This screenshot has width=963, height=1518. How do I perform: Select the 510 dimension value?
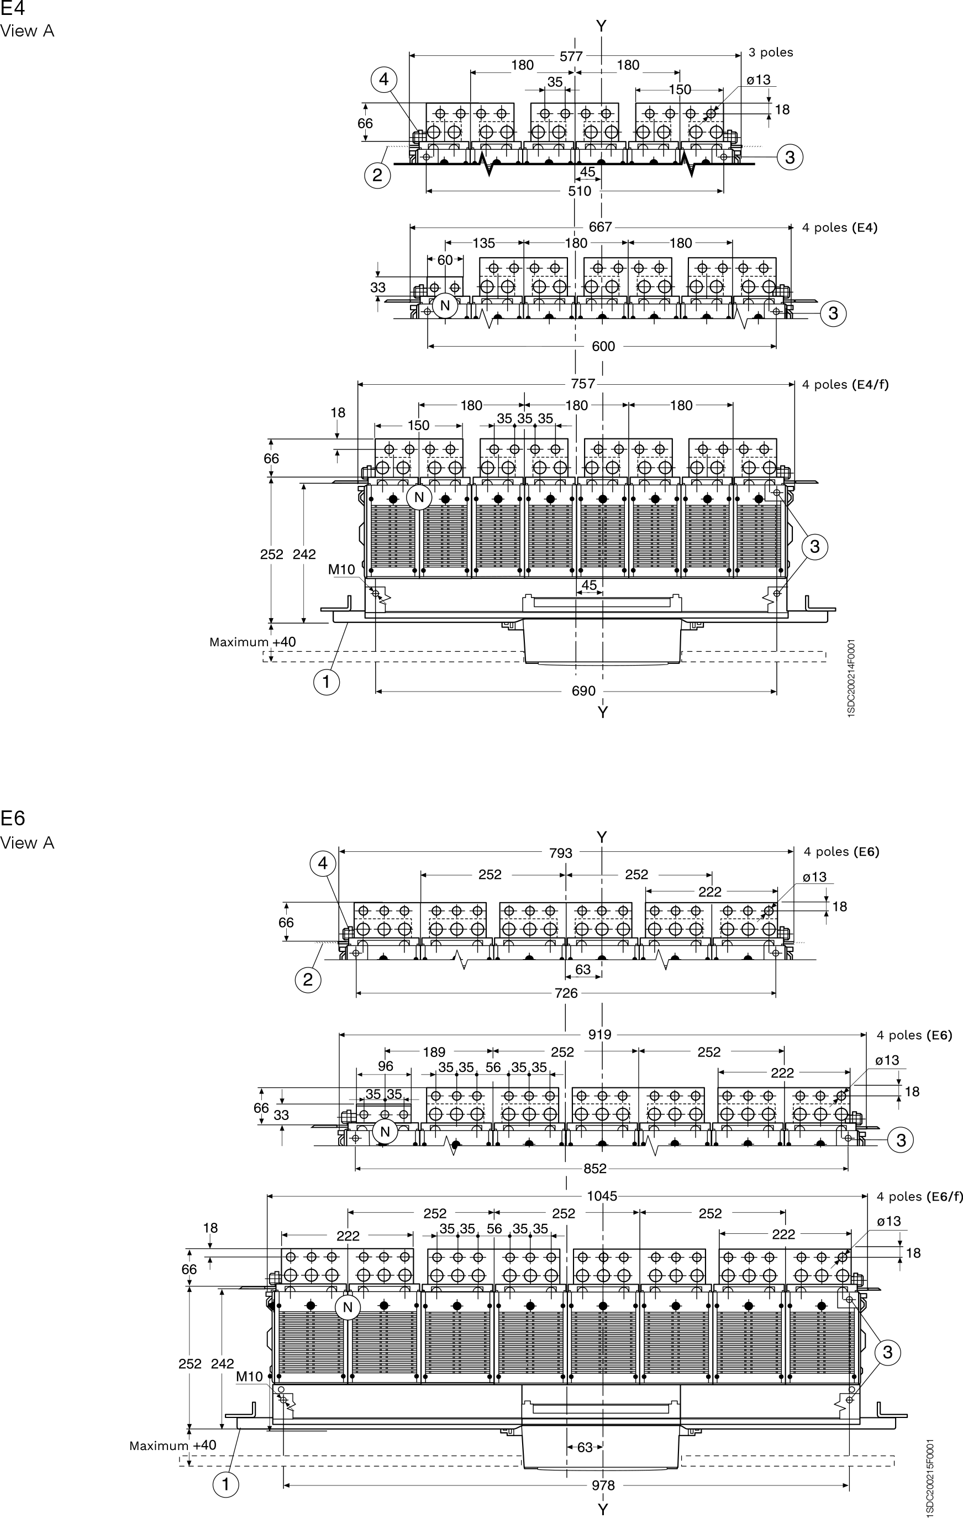point(580,191)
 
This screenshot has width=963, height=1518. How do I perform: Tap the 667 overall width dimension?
point(600,227)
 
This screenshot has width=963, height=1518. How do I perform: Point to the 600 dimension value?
point(604,346)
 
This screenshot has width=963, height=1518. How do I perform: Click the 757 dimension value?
point(583,384)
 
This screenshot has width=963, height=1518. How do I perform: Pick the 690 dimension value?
point(583,691)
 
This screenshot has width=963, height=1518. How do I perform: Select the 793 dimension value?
point(560,853)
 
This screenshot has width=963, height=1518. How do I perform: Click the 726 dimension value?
point(566,993)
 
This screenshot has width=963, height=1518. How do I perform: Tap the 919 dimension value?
point(599,1034)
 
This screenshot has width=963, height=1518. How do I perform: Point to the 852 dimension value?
point(595,1169)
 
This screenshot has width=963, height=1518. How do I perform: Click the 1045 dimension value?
point(602,1196)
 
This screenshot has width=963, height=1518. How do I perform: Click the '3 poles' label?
point(771,53)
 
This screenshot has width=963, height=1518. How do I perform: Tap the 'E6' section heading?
point(13,818)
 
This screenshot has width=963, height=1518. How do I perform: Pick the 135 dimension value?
point(483,243)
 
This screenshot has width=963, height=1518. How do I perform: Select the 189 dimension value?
point(434,1052)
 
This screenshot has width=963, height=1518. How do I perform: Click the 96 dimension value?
point(385,1066)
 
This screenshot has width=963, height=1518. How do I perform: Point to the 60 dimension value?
point(445,260)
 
